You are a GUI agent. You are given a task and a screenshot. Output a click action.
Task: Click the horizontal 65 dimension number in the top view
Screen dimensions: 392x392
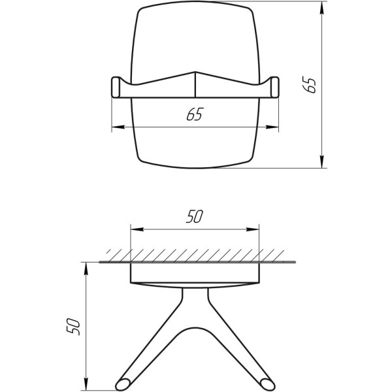(194, 115)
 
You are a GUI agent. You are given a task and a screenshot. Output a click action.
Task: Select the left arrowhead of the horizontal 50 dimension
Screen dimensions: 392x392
(135, 229)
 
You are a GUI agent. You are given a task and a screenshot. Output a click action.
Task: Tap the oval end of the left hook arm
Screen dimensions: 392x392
(122, 380)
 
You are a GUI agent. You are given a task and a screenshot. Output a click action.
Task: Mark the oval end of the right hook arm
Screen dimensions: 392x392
(267, 380)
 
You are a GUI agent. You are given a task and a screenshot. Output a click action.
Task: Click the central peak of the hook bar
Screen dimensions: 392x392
(195, 73)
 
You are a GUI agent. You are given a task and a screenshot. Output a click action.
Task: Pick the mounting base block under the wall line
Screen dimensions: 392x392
(195, 274)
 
